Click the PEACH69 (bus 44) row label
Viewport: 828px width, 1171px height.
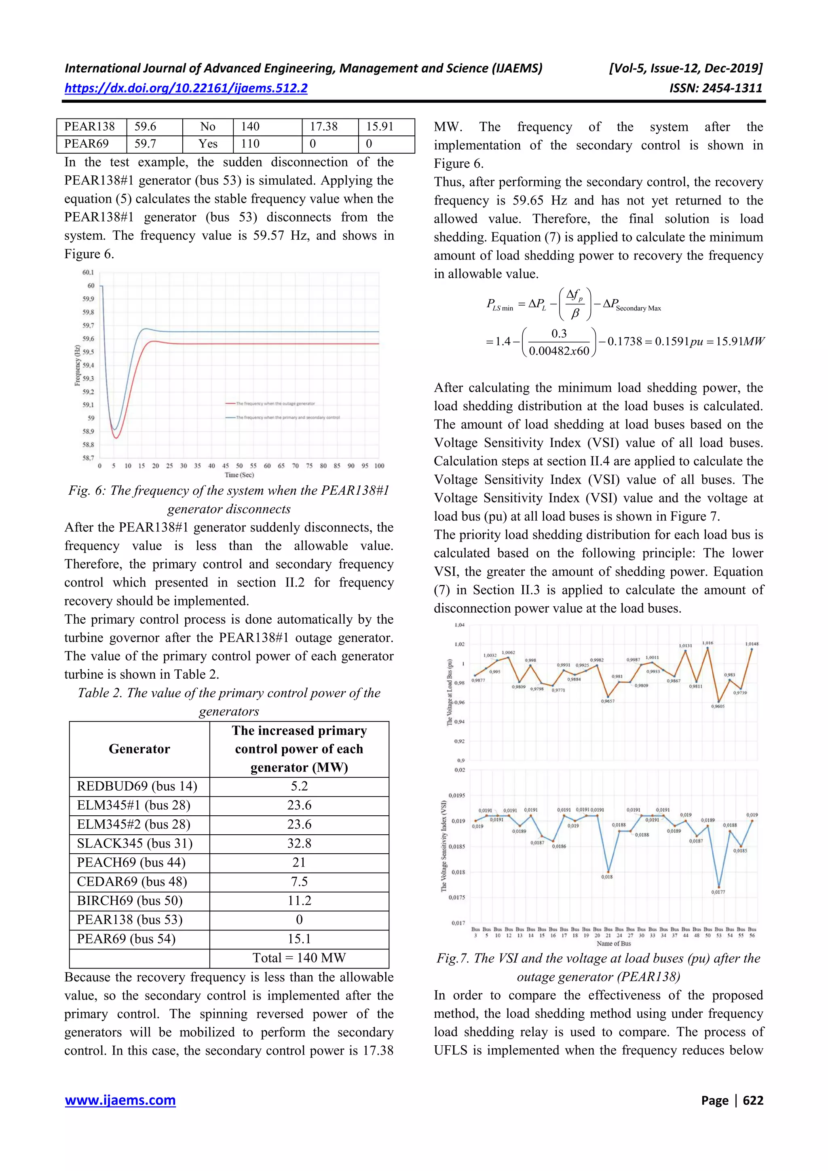[x=131, y=863]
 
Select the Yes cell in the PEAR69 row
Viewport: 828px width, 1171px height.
[x=208, y=144]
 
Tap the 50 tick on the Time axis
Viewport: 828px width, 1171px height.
[x=239, y=466]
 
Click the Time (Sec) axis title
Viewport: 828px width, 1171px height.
[x=239, y=475]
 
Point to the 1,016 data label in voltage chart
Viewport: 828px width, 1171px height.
[x=708, y=643]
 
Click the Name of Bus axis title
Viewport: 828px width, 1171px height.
[x=614, y=943]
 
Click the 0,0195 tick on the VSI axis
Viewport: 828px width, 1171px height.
[x=456, y=795]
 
